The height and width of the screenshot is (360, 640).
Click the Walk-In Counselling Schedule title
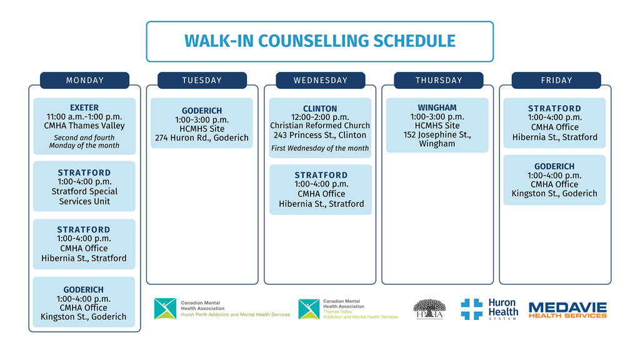point(320,41)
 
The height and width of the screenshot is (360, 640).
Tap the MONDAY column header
point(85,81)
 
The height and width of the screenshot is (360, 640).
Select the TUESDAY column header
point(202,81)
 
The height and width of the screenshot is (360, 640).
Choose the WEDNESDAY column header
point(321,81)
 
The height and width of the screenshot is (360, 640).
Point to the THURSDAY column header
point(439,81)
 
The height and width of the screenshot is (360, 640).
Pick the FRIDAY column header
point(556,81)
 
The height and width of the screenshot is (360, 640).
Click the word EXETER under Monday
point(84,107)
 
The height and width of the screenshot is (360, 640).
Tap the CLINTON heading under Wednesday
point(320,109)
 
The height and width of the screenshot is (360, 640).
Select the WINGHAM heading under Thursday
point(437,107)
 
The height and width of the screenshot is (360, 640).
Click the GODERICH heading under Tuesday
point(202,111)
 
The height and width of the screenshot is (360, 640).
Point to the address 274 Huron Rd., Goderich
point(202,138)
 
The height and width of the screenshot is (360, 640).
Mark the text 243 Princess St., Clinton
point(320,135)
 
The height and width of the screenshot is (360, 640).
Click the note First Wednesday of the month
point(320,148)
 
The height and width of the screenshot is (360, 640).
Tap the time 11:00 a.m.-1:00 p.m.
point(84,117)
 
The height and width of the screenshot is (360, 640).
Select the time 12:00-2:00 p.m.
point(320,117)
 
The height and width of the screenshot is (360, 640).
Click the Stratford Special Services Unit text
point(84,196)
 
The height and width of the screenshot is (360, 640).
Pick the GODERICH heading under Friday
point(554,166)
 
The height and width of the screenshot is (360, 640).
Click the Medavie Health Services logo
point(567,310)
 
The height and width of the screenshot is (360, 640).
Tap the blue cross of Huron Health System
point(471,309)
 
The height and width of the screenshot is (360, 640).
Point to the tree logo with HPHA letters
point(429,309)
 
